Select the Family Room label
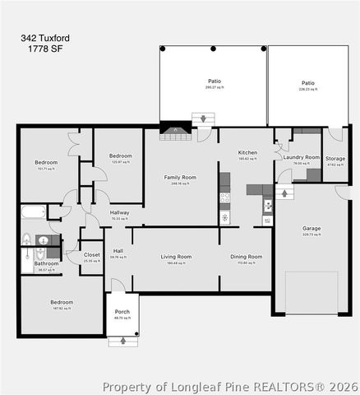pos(180,178)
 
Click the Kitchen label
pos(247,153)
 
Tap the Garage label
pos(312,228)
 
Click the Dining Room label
pos(246,257)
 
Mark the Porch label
pos(122,311)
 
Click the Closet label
pos(92,255)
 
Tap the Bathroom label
pos(46,263)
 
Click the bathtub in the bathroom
pos(34,212)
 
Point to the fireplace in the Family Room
pos(175,132)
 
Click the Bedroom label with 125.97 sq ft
pos(121,156)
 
